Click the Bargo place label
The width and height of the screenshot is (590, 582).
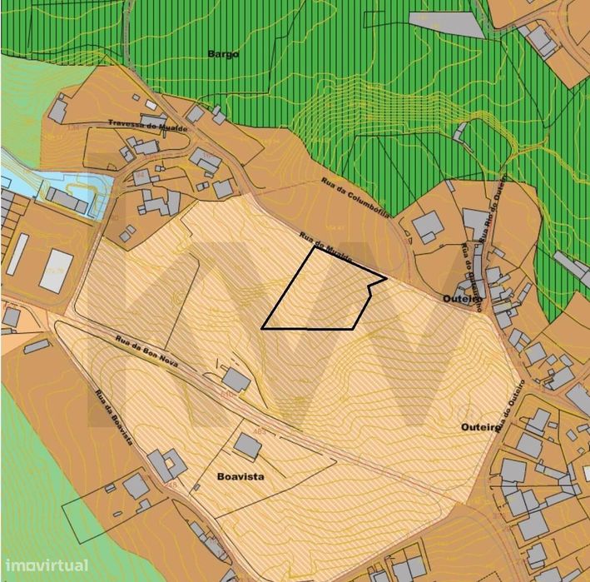click(x=222, y=54)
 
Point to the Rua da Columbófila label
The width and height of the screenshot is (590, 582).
click(x=356, y=196)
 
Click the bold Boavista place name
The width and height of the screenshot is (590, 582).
click(x=240, y=477)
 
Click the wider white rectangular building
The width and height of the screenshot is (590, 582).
click(x=56, y=271)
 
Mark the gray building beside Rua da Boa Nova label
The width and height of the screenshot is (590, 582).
click(x=236, y=381)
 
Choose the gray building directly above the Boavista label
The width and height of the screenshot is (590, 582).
click(x=247, y=445)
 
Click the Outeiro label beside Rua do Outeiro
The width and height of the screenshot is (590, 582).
click(x=480, y=427)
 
